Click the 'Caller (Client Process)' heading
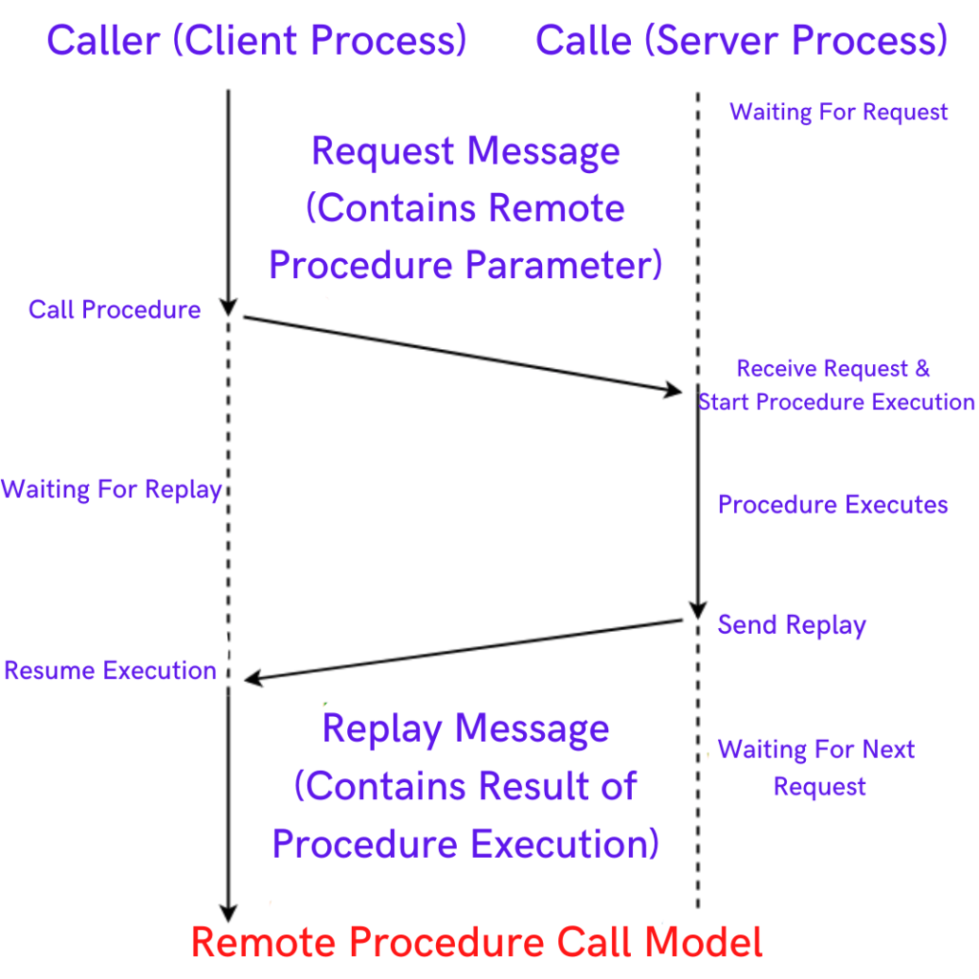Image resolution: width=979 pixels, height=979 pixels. point(256,41)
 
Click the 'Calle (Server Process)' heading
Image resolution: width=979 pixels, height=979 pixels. point(741,41)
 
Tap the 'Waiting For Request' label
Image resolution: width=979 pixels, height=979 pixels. point(838,112)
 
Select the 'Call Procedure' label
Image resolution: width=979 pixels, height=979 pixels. point(115,310)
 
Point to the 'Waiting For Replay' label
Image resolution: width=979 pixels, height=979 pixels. point(111,490)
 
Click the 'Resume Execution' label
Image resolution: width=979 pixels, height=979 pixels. point(110,670)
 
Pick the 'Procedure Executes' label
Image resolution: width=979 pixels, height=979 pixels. point(833,505)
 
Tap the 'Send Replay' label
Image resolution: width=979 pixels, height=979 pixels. point(792,625)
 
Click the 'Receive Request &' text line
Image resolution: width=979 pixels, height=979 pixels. point(833,369)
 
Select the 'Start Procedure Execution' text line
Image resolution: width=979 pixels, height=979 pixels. point(837,402)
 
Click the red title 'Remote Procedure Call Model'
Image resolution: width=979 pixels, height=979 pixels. point(477,943)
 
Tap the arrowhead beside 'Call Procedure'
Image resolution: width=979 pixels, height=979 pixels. point(228,306)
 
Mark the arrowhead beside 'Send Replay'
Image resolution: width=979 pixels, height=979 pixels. point(698,611)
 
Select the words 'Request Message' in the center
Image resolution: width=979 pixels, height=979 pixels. point(466,152)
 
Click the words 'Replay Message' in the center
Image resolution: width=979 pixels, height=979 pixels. point(466,729)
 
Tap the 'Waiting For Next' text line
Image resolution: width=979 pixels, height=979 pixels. point(816,750)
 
